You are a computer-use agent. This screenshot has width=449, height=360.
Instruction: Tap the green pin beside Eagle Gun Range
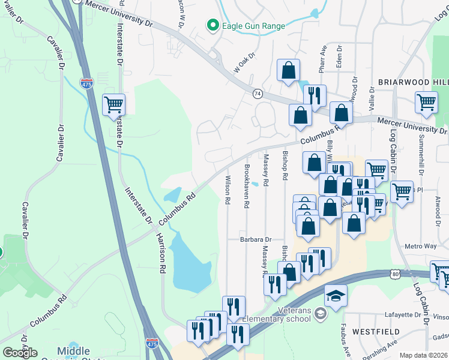tap(212, 25)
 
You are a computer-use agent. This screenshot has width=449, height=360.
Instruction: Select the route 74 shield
tap(258, 94)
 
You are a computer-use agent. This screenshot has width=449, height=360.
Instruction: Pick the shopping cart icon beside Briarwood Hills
tap(426, 102)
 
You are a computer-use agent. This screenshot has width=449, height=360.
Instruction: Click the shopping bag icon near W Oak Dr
tap(288, 70)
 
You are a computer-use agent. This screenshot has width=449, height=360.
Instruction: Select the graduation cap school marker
tap(336, 295)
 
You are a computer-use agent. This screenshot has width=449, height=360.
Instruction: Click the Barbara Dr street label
tap(256, 239)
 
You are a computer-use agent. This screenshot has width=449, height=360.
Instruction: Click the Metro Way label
tap(421, 246)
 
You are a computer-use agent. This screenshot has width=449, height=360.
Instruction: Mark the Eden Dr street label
tap(340, 56)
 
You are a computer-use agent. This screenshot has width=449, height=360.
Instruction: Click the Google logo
tap(20, 353)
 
